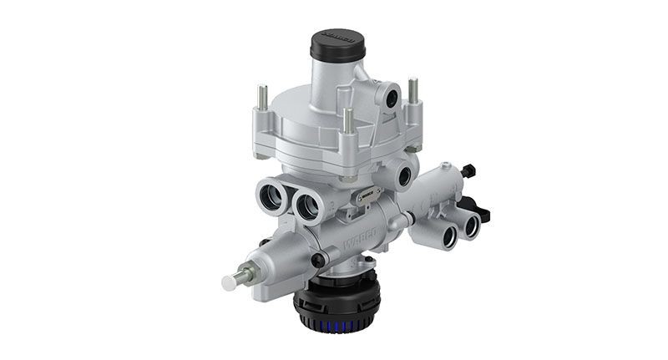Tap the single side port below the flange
[406, 176]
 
